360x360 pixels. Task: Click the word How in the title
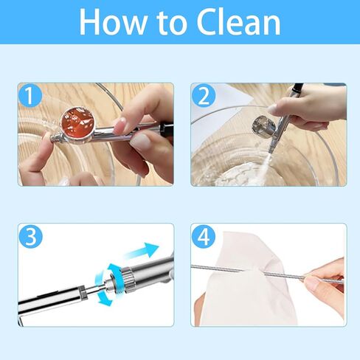coord(112,22)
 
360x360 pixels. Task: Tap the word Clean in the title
coord(238,22)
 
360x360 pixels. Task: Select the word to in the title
coord(171,24)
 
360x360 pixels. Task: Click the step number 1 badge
coord(30,95)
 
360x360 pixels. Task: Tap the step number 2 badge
coord(204,95)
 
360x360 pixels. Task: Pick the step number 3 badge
coord(30,236)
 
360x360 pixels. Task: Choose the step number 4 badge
coord(204,236)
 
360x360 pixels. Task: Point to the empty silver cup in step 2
coord(263,126)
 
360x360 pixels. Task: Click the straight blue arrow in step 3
coord(142,252)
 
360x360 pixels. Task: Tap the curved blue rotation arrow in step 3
coord(108,285)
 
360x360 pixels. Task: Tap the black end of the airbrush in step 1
coord(166,130)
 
